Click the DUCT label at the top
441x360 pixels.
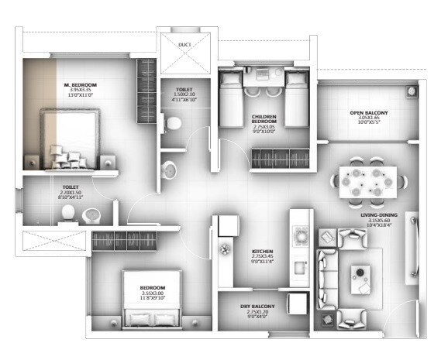tap(184, 45)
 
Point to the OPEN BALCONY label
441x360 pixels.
tap(368, 114)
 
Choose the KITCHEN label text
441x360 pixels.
tap(261, 252)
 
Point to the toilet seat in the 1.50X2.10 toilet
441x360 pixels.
tap(175, 122)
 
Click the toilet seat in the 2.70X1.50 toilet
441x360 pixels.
tap(67, 213)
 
